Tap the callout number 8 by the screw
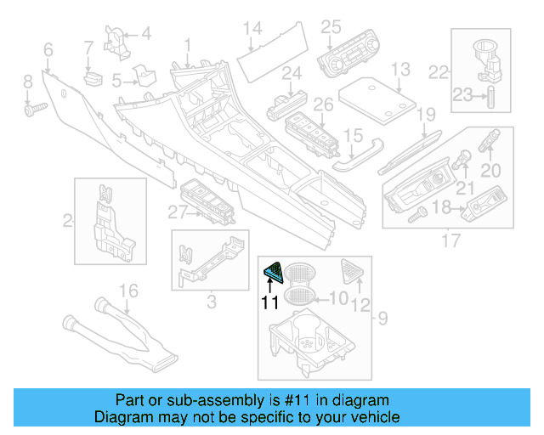click(x=28, y=82)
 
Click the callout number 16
click(x=127, y=292)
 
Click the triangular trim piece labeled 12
click(x=350, y=271)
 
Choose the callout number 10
click(x=338, y=298)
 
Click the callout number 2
click(x=67, y=222)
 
